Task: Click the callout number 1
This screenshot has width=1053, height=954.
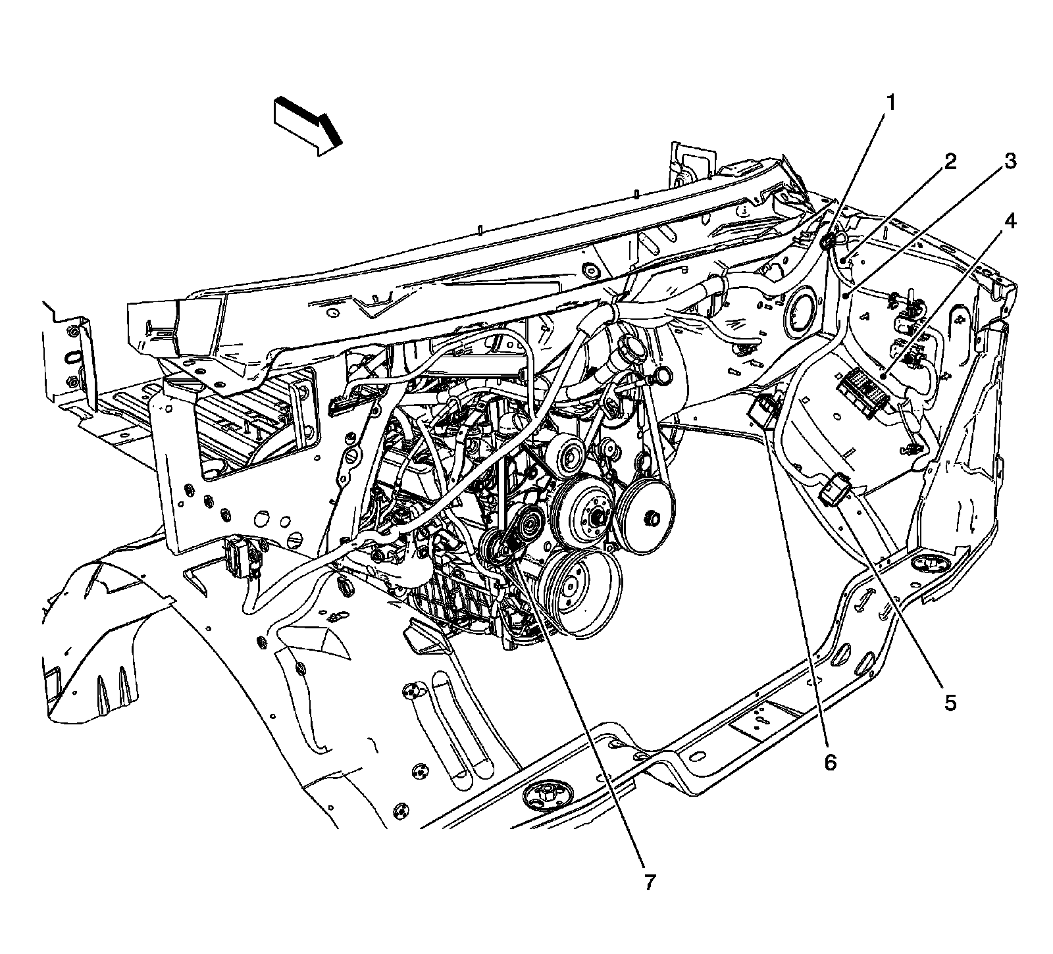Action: point(891,103)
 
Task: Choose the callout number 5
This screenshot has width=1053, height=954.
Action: point(950,702)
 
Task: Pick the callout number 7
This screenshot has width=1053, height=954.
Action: point(650,882)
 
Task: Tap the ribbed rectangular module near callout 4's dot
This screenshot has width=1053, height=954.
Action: point(863,391)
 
